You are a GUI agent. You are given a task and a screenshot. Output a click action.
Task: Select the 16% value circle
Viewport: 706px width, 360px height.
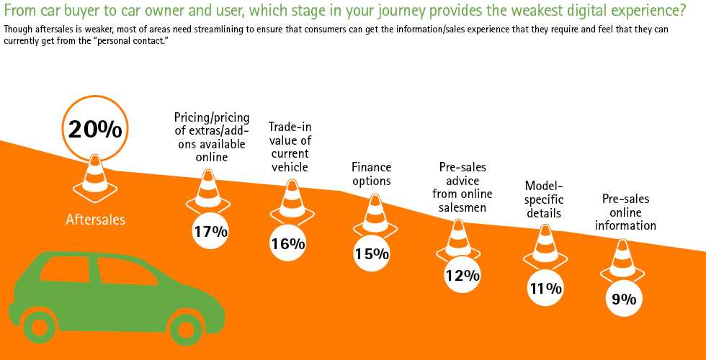pos(288,243)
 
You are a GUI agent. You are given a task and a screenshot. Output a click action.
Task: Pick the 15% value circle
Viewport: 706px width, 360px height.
pos(372,253)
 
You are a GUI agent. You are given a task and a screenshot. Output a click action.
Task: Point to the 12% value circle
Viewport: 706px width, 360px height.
pos(463,274)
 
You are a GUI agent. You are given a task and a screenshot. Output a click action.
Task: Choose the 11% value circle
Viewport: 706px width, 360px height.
pos(545,288)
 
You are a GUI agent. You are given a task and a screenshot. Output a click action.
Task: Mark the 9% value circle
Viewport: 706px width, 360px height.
pos(624,299)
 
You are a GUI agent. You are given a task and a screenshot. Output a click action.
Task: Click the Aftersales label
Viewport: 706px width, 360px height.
pos(95,220)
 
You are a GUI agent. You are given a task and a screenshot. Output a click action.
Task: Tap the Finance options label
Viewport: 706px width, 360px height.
pos(371,174)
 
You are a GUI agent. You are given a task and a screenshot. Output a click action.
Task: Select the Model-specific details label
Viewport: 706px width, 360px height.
pos(544,199)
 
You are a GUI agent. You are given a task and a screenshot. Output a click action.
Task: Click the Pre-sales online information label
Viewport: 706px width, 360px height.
pos(625,212)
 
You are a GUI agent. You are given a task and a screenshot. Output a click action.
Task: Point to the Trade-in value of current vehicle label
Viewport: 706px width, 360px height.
pos(290,147)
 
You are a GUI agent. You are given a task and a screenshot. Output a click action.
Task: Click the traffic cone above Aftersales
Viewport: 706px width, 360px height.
pos(94,176)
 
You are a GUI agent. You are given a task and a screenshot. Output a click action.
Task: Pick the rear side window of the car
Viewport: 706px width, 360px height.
pos(65,269)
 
